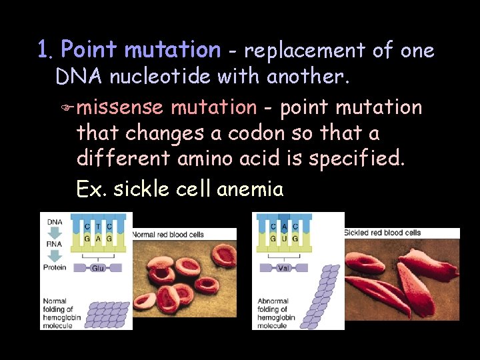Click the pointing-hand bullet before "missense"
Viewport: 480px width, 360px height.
65,108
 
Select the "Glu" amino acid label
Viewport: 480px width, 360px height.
97,267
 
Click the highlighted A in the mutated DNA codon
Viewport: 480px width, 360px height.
284,227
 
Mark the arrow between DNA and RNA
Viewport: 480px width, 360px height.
55,233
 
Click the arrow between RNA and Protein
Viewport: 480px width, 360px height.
55,256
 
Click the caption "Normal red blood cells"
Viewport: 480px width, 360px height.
168,235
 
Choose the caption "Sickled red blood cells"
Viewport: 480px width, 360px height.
383,233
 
